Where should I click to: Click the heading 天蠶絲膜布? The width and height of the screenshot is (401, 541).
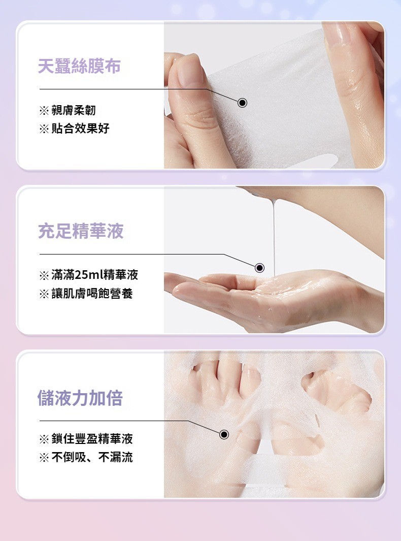[79, 66]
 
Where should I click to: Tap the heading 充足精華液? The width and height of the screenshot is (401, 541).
[81, 231]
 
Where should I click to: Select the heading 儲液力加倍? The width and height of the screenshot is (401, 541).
[80, 397]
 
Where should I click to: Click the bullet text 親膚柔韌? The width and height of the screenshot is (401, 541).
[74, 110]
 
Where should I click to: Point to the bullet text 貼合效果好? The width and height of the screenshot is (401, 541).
[80, 129]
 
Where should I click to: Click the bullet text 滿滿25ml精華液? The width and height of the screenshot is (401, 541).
[95, 275]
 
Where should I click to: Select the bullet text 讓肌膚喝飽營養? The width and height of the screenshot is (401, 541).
[92, 293]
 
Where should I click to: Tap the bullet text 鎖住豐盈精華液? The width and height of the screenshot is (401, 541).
[92, 439]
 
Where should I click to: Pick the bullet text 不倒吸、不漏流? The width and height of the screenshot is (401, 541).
[92, 457]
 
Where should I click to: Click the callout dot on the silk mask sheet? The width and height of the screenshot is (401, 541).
[243, 103]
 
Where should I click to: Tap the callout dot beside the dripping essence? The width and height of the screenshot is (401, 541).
[259, 268]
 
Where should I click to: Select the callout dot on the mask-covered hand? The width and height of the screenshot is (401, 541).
[224, 434]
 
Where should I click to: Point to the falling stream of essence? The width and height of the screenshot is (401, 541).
[274, 238]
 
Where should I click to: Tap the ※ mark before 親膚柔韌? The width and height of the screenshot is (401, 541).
[44, 111]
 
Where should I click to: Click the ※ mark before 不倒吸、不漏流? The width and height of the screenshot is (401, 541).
[44, 458]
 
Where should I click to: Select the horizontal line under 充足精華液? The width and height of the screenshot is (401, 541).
[131, 254]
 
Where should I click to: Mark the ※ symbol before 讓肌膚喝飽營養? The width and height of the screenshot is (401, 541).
[44, 294]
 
